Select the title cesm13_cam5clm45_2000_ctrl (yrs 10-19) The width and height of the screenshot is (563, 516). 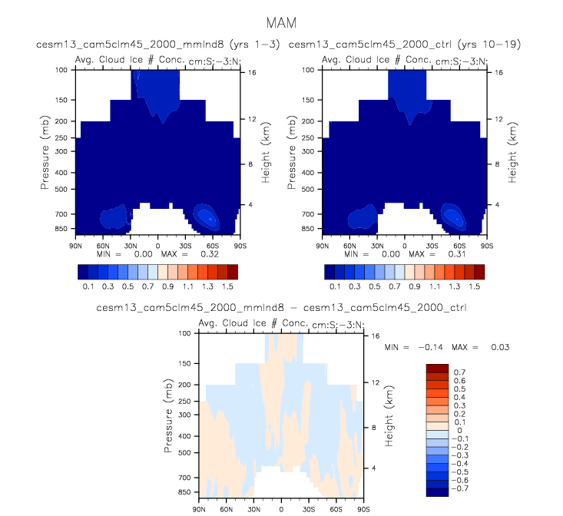tap(405, 45)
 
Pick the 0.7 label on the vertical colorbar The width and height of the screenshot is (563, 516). tap(458, 372)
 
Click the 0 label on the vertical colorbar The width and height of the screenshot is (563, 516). tap(455, 430)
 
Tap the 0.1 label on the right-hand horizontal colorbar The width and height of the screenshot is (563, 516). tap(335, 285)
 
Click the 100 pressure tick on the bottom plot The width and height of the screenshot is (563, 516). tap(184, 333)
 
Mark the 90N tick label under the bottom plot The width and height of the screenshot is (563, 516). tap(199, 509)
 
